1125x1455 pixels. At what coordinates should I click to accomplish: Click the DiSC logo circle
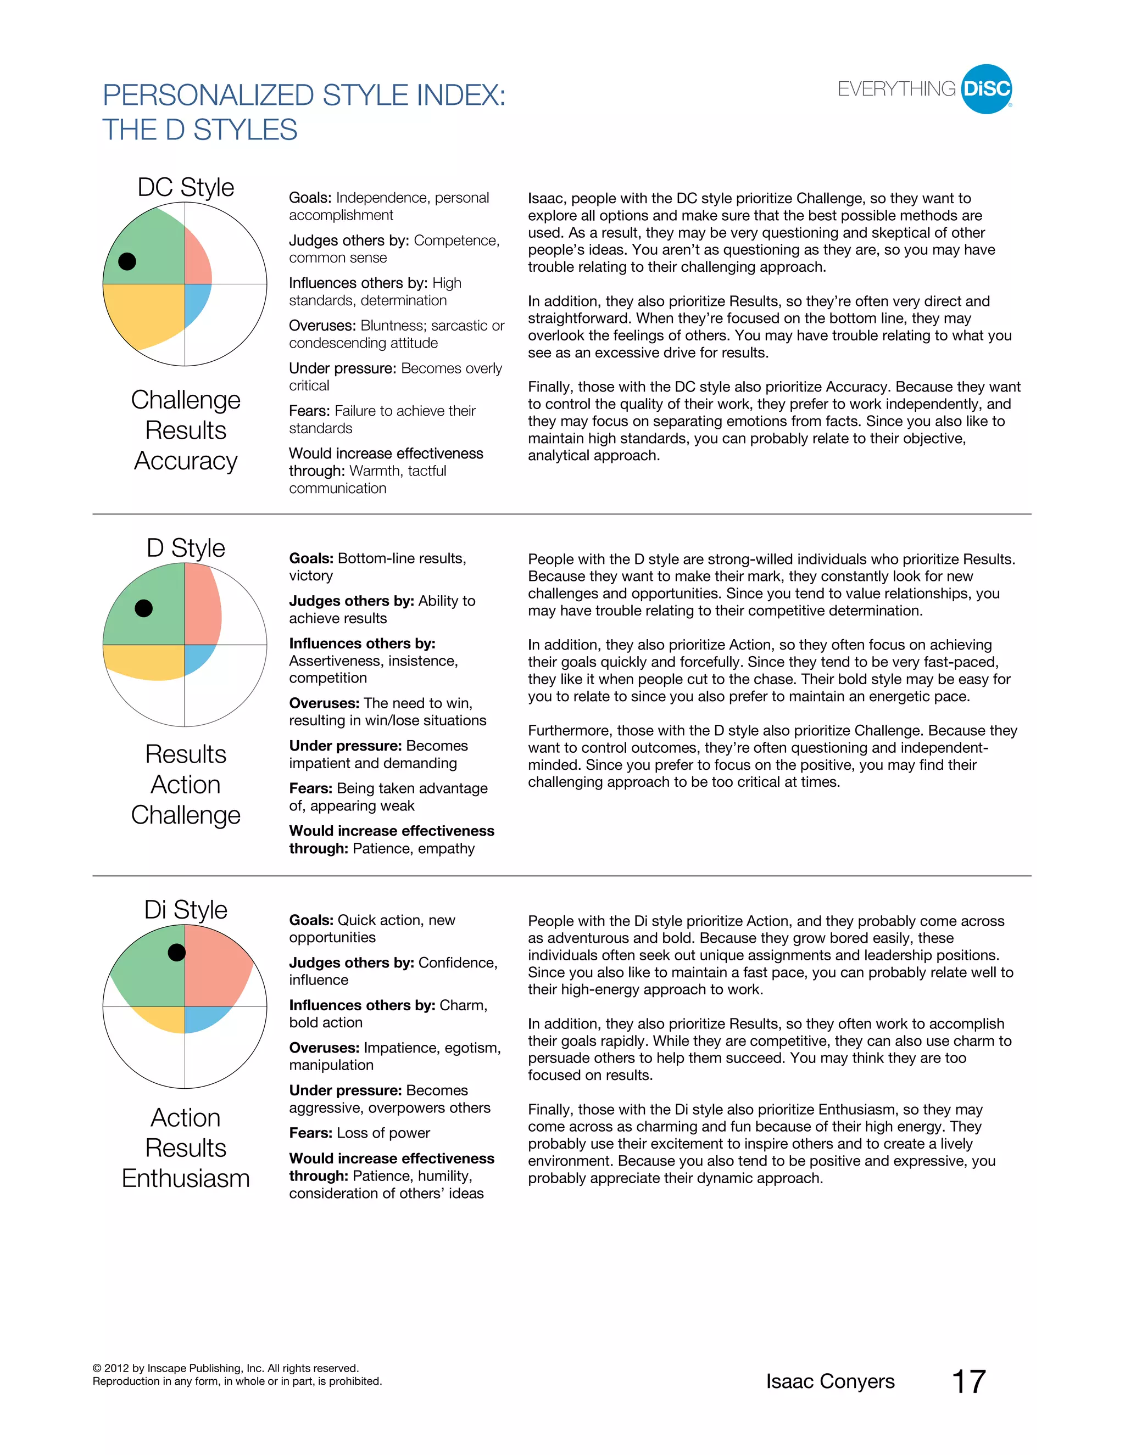tap(987, 89)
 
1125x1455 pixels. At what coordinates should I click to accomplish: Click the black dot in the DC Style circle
tap(127, 261)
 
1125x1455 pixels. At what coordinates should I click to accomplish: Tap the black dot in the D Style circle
tap(144, 608)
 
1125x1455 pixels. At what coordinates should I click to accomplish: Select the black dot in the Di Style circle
tap(177, 952)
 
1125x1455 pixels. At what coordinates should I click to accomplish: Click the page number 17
tap(968, 1382)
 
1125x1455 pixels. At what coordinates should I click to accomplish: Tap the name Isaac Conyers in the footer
tap(830, 1382)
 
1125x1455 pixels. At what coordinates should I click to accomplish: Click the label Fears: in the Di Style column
tap(310, 1133)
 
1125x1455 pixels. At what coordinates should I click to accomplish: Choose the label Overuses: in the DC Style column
tap(322, 326)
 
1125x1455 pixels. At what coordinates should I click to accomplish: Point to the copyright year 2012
tap(116, 1368)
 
